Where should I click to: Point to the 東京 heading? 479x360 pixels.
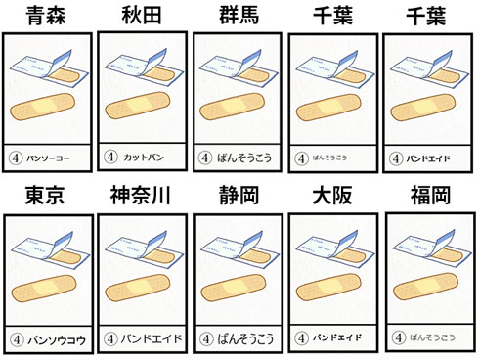47,196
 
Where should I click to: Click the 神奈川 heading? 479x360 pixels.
142,196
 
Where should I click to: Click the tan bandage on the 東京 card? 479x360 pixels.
49,293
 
